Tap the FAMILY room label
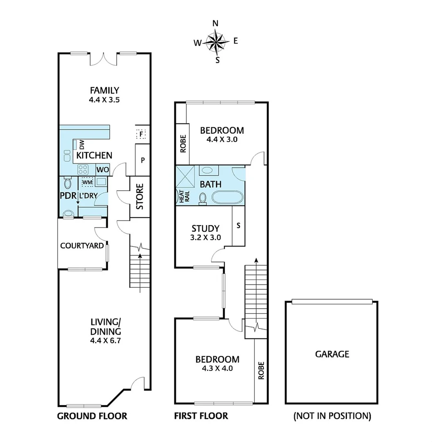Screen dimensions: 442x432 coord(105,90)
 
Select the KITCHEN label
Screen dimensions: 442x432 coord(94,156)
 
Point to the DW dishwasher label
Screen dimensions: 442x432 coord(81,144)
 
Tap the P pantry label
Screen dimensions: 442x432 coord(142,160)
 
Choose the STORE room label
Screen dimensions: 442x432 coord(140,197)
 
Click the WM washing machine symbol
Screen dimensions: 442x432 coord(87,181)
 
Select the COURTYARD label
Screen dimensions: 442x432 coord(82,246)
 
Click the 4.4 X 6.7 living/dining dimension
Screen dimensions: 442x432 coord(106,340)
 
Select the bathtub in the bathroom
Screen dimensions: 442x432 coord(227,197)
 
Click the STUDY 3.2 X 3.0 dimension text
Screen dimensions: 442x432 coord(206,237)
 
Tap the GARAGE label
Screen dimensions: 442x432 coord(332,354)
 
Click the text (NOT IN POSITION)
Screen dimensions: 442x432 coord(332,416)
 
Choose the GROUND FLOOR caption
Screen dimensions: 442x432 coord(92,416)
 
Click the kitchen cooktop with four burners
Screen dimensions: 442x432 coord(84,169)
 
